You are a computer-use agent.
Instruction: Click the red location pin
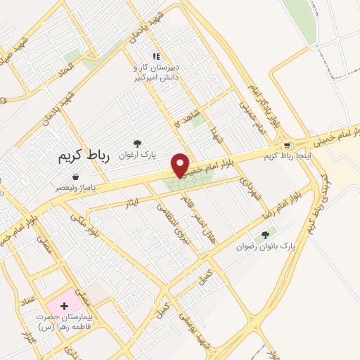(181, 165)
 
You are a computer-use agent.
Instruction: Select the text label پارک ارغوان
(136, 153)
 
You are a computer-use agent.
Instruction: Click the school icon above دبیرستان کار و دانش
(157, 56)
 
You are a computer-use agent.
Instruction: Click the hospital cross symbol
(65, 306)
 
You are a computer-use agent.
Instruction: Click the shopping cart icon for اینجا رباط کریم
(286, 146)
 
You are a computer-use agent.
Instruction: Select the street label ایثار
(133, 203)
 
